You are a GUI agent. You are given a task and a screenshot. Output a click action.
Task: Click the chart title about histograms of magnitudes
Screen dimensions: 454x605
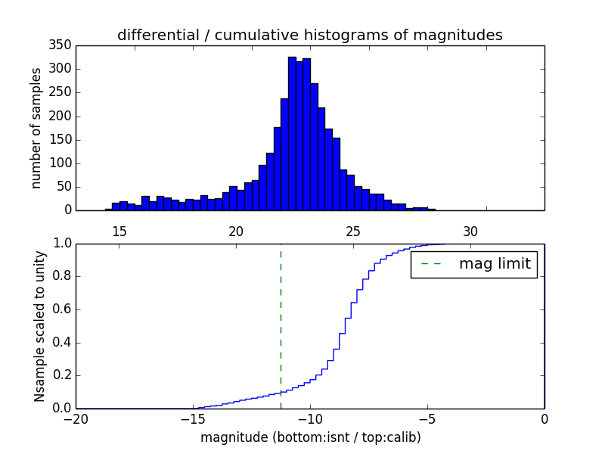coord(309,35)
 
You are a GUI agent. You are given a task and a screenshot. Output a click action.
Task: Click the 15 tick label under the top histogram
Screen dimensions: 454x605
coord(119,232)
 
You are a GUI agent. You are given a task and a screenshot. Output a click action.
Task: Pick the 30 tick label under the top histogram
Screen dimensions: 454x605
coord(470,232)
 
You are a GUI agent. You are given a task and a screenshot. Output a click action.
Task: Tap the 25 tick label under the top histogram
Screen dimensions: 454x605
coord(353,232)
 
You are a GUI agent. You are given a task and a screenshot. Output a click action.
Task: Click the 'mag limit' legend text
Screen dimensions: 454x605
coord(495,264)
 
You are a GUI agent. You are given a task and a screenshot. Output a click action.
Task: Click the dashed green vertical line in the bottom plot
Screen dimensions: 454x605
coord(281,325)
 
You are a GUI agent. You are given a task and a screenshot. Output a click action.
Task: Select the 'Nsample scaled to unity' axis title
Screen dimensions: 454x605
coord(39,325)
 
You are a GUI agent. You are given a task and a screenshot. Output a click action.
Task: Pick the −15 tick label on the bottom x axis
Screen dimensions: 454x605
coord(192,419)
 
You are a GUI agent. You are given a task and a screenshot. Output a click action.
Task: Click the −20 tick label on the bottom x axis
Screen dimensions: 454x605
coord(75,419)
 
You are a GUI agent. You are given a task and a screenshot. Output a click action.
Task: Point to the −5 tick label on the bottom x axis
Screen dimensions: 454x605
coord(427,419)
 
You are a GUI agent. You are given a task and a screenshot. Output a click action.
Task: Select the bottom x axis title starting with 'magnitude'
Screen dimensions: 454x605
coord(310,437)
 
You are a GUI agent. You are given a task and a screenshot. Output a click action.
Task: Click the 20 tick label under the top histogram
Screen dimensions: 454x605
coord(236,232)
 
